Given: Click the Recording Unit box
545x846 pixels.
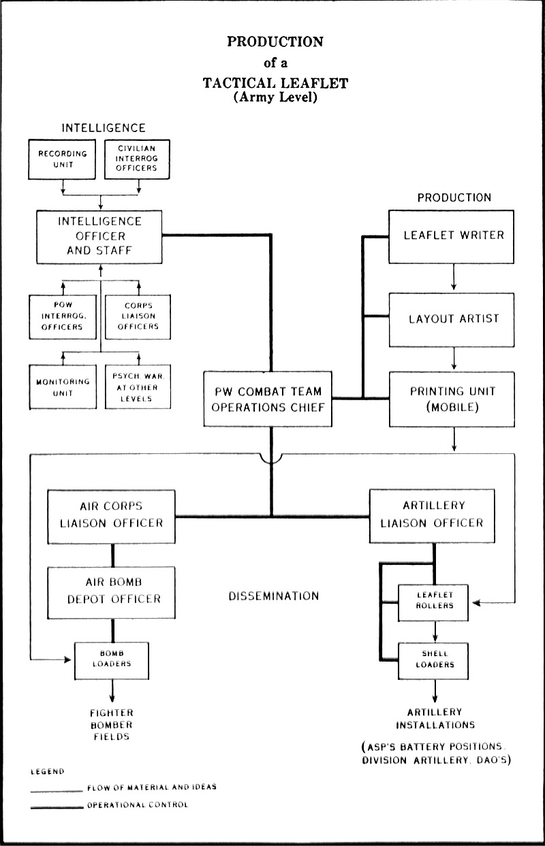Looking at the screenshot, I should pyautogui.click(x=62, y=159).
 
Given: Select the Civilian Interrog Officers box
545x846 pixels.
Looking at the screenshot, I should pyautogui.click(x=137, y=159).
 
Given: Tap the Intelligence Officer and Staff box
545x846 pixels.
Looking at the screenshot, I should pyautogui.click(x=100, y=236).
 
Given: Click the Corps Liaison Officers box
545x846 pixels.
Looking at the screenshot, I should pyautogui.click(x=138, y=316).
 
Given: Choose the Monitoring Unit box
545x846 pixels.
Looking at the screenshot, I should pyautogui.click(x=63, y=387).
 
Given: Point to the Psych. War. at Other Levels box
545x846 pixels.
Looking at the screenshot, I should pyautogui.click(x=138, y=387).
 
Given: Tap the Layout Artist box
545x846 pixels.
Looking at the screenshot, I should pyautogui.click(x=454, y=319).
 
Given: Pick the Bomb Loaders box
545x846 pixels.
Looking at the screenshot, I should pyautogui.click(x=112, y=660).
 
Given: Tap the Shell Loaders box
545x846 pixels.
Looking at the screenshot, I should pyautogui.click(x=434, y=660).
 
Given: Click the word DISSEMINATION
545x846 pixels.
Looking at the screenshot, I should pyautogui.click(x=273, y=596).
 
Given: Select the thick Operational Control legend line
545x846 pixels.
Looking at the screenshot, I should pyautogui.click(x=56, y=806).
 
